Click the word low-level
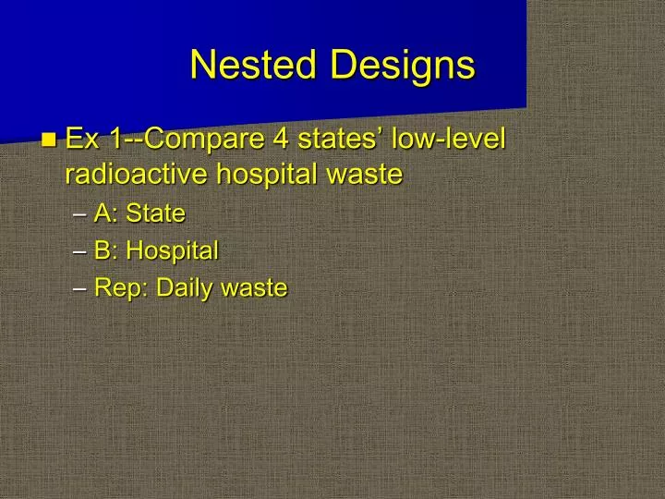450,140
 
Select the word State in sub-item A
155,213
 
